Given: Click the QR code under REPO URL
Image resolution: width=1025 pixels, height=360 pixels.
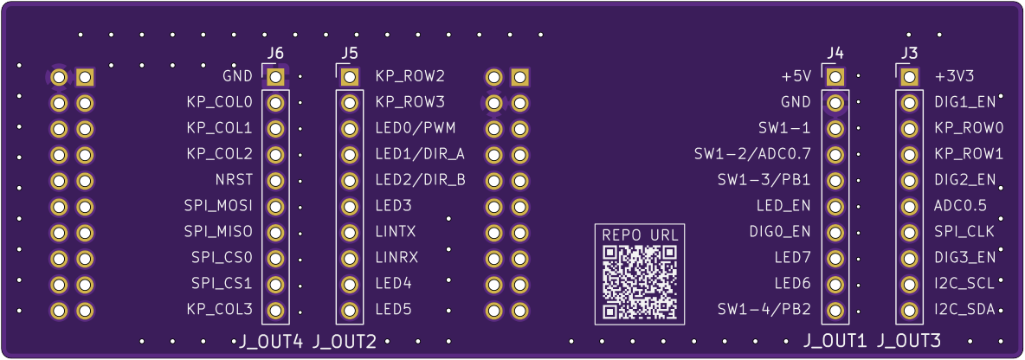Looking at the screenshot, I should point(640,281).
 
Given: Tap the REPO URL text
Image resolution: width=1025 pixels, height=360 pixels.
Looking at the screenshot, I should point(640,235).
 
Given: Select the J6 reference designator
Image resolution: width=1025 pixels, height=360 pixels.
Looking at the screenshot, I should point(275,55).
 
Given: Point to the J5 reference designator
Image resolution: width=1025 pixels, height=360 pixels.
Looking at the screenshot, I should point(350,55).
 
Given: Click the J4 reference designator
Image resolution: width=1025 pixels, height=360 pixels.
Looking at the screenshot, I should point(835,55).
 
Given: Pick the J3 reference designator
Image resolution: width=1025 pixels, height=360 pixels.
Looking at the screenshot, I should point(909,55).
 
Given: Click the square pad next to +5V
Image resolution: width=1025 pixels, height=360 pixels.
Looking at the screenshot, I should point(835,77).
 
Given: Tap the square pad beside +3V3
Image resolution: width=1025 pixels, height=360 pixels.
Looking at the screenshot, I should point(909,77).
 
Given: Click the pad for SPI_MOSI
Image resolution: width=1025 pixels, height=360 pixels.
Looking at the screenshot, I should point(275,207).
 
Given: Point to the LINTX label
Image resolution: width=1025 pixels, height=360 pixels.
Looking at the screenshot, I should point(396,233).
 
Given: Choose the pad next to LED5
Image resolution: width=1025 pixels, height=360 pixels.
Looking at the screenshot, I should point(350,310).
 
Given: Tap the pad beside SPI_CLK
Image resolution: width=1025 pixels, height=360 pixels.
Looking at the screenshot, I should point(909,233).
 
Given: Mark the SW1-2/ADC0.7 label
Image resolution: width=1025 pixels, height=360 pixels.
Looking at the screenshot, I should point(752,155).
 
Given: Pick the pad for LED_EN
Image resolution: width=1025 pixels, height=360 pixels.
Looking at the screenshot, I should point(835,207).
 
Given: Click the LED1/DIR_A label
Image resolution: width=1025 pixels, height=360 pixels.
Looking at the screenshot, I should point(420,155).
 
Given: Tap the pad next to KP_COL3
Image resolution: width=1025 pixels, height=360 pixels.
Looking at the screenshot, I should point(275,310).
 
